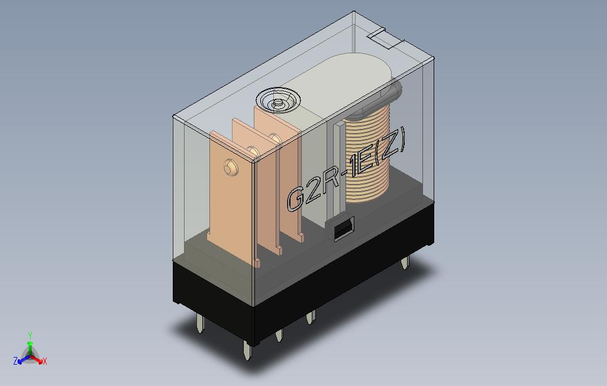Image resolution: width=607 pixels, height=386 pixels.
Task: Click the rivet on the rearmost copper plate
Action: coord(274,139)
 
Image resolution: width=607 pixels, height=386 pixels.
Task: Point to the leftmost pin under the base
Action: coord(200,323)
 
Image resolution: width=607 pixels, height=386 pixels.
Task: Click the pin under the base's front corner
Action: coord(247,352)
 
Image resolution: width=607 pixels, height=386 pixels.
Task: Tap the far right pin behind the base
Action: coord(405,262)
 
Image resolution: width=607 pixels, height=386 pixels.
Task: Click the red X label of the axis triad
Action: coord(45,361)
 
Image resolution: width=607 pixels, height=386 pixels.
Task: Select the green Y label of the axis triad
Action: coord(30,336)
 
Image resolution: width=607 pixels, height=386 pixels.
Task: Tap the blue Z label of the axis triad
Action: coord(15,361)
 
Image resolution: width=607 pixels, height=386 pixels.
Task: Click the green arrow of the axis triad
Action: coord(30,346)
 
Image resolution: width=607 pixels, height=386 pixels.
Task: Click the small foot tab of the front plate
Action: coord(257,262)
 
